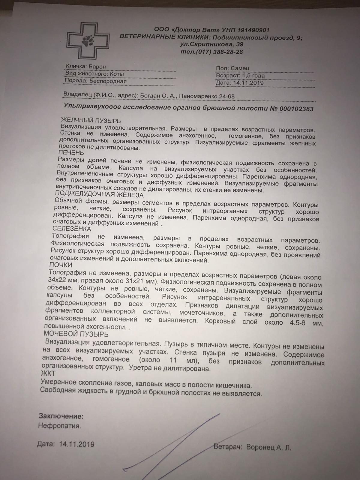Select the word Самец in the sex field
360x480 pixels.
240,68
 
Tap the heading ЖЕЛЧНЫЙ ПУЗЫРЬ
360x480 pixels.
91,121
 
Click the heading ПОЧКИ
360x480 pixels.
61,265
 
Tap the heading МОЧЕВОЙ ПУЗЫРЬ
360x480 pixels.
76,334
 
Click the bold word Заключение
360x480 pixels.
61,416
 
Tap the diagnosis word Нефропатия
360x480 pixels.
59,425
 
